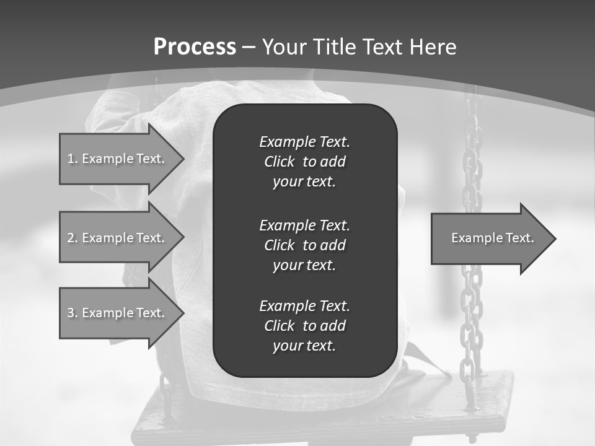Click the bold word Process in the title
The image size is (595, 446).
[195, 47]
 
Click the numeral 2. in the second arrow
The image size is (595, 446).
[72, 238]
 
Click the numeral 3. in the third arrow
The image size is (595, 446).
[72, 313]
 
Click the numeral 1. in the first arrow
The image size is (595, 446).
[72, 159]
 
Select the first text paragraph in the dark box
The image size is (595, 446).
[304, 162]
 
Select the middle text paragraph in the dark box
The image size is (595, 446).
[304, 245]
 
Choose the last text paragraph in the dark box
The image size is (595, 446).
[304, 326]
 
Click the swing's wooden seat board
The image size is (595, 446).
[483, 396]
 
